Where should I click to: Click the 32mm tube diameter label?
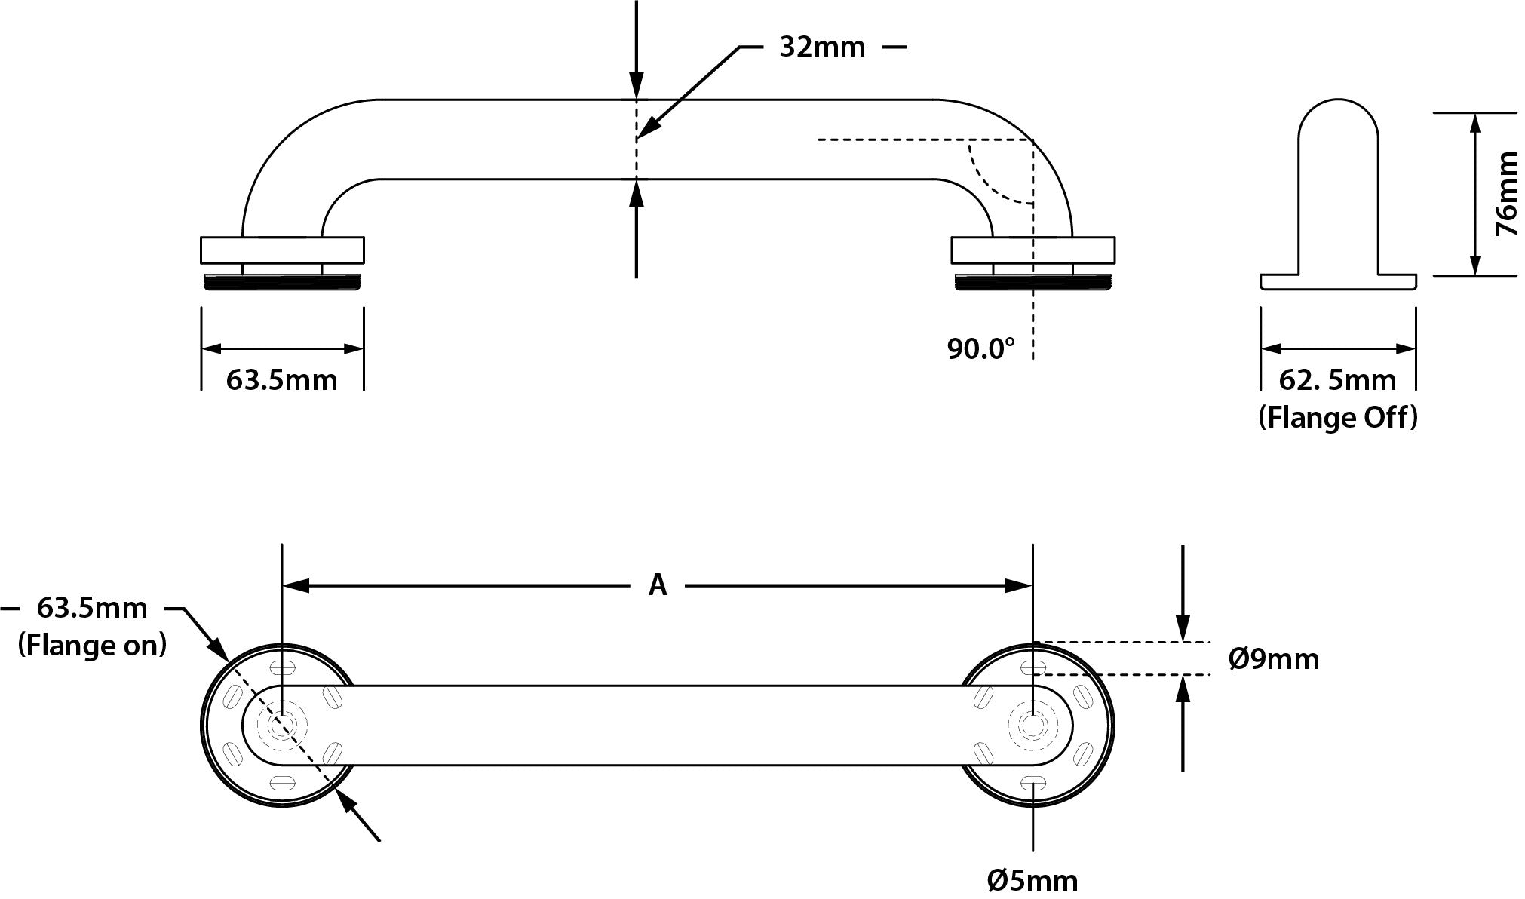822,48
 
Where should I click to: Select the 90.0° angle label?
980,348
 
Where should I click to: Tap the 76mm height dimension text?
1505,194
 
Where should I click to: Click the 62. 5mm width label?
1337,380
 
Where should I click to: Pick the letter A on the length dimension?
658,585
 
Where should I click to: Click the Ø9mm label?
1274,659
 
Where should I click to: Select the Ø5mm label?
1033,879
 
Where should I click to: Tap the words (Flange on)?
92,646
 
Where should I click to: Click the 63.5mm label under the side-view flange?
281,380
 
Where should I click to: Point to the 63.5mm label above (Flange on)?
92,608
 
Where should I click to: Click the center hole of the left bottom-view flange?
282,726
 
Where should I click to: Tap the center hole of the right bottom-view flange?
1032,726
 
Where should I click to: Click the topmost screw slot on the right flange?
1033,667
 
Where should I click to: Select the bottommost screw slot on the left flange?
282,783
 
